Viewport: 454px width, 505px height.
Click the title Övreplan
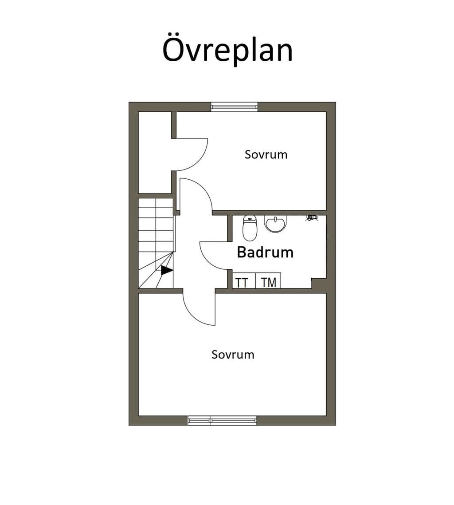pos(227,50)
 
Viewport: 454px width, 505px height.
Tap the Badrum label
pos(265,252)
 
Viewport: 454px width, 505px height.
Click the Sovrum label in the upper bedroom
pos(266,154)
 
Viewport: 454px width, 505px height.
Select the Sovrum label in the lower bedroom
pos(233,355)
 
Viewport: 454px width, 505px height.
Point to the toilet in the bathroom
pos(250,228)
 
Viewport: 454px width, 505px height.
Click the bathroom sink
pos(275,223)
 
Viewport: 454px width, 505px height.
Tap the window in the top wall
pos(234,107)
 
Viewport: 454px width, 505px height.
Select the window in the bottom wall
pos(222,420)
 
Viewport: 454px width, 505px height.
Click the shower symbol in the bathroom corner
pos(311,218)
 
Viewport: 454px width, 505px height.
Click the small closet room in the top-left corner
pos(154,153)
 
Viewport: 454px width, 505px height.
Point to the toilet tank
pos(250,219)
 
